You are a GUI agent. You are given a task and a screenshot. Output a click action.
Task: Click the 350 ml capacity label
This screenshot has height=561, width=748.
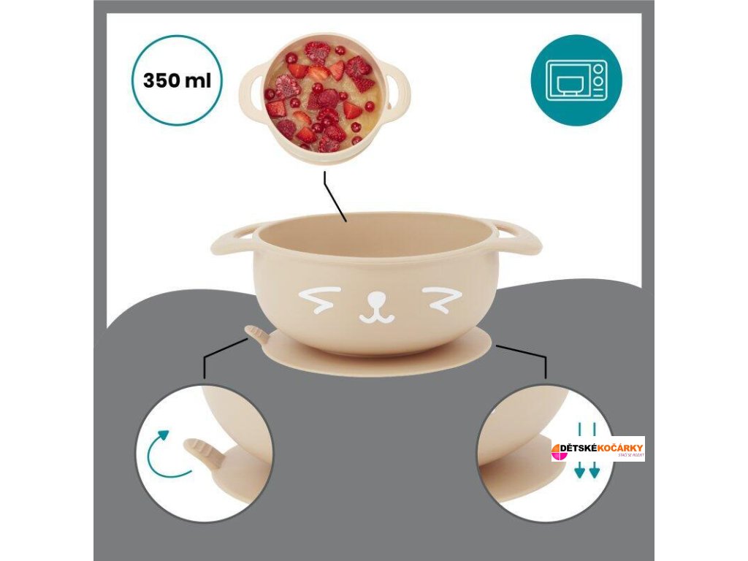tap(177, 80)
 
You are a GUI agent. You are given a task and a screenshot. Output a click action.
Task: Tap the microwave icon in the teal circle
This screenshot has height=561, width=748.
tap(576, 80)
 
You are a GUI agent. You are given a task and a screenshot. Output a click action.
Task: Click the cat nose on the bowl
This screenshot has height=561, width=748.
tap(377, 300)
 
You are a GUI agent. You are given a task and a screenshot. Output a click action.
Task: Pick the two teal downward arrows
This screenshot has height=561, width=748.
tap(587, 449)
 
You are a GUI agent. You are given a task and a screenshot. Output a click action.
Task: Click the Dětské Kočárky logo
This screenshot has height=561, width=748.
tap(598, 449)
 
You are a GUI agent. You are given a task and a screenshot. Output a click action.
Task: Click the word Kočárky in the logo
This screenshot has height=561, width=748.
tap(619, 447)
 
